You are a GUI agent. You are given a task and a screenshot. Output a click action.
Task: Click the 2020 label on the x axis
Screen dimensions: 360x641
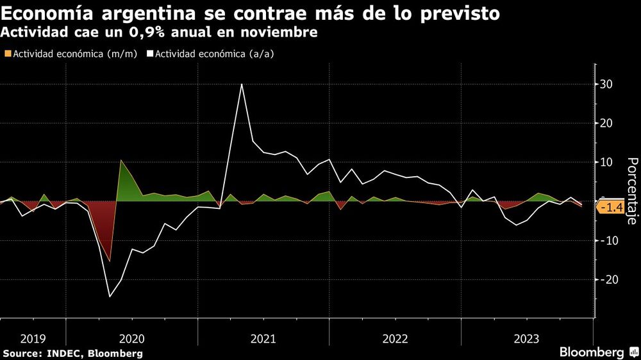132,338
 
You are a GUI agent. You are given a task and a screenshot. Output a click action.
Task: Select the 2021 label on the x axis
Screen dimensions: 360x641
263,338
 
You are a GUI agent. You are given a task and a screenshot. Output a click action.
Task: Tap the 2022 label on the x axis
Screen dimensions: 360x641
395,338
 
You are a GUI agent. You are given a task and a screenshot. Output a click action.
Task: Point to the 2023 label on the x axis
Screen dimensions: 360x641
526,338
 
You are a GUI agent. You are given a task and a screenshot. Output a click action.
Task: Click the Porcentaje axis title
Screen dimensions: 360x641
631,191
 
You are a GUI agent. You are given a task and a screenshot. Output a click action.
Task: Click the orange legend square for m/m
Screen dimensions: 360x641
7,54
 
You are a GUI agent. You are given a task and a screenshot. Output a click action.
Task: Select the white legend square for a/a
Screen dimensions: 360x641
149,54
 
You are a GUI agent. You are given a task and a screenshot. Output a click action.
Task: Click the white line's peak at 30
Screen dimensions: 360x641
242,84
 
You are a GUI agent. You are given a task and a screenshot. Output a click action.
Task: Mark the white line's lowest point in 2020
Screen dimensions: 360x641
110,297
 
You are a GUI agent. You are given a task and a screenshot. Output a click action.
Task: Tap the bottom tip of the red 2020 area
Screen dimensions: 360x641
110,261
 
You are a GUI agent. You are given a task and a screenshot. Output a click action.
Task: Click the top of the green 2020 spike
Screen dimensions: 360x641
121,160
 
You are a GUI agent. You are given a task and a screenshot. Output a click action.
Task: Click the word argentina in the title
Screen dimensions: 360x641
138,13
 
